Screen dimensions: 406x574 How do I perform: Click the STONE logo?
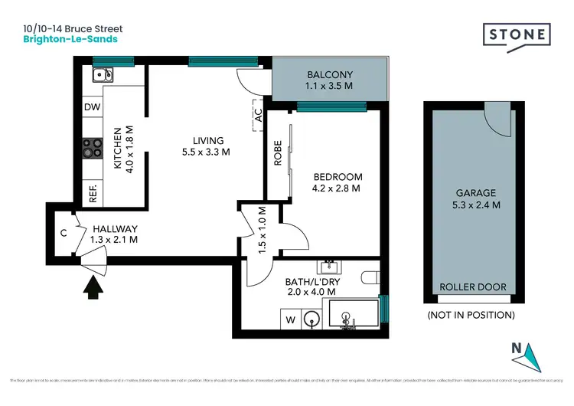coord(516,35)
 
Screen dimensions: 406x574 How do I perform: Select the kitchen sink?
coord(103,75)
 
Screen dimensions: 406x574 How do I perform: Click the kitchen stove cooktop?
coord(93,146)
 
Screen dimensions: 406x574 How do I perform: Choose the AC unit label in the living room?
coord(258,116)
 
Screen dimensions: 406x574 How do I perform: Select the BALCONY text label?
coord(330,75)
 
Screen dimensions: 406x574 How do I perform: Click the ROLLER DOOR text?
coord(472,287)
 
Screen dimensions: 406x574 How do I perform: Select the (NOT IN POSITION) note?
coord(470,314)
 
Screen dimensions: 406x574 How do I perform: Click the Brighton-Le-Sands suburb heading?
coord(70,38)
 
